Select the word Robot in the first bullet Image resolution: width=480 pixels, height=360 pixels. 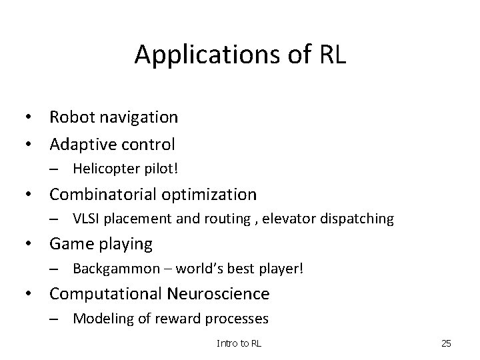(71, 118)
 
